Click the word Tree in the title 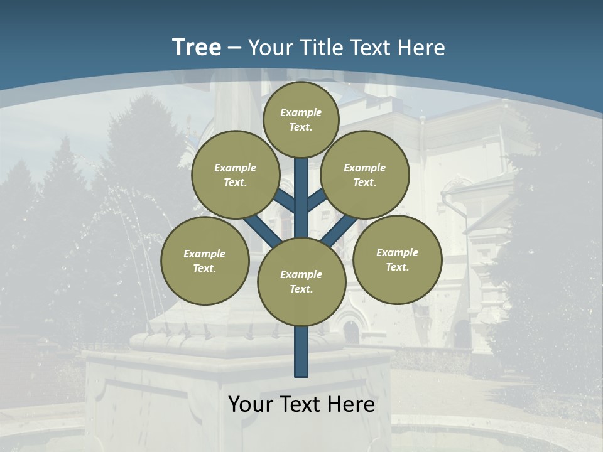[197, 48]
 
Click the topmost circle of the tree [301, 119]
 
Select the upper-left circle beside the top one [236, 175]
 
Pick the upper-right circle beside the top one [365, 175]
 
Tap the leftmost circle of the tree [205, 261]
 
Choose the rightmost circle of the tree [398, 259]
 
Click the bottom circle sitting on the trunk [301, 282]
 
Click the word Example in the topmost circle [301, 112]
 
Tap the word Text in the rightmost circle [397, 267]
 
